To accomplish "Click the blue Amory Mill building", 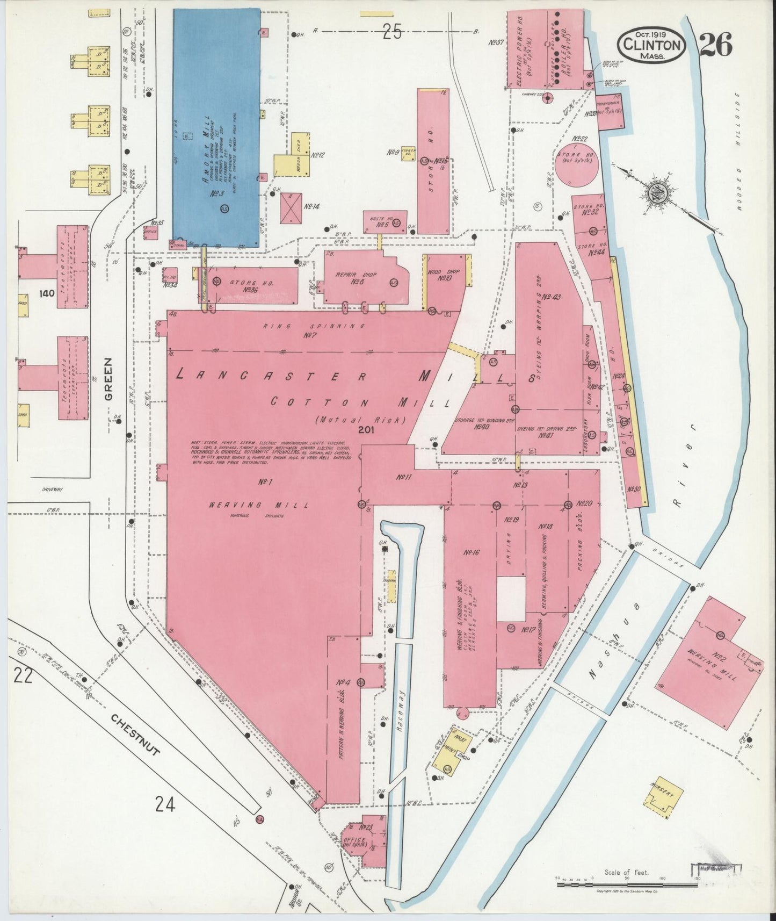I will tap(216, 126).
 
